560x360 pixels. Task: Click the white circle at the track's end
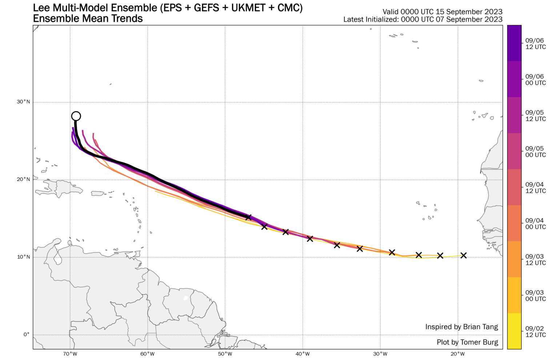[76, 116]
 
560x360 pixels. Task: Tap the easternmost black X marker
[463, 255]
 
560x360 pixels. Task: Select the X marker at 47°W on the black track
[248, 217]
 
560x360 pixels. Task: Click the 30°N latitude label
[23, 102]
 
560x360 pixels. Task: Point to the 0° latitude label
[26, 335]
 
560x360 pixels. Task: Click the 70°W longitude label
[70, 354]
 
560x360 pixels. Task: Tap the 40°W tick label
[303, 354]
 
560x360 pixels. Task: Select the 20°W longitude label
[457, 354]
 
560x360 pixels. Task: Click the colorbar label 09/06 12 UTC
[535, 44]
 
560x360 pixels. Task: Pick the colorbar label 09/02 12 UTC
[535, 332]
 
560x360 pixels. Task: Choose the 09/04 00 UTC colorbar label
[535, 224]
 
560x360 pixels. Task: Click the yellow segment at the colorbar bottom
[514, 331]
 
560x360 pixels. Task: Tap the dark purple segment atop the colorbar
[514, 43]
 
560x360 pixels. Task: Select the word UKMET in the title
[245, 8]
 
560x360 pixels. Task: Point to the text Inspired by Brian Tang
[461, 327]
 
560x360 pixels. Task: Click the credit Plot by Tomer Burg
[467, 342]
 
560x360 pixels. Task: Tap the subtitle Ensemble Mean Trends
[88, 19]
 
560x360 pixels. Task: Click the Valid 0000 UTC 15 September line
[442, 12]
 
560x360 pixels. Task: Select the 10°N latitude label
[23, 257]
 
